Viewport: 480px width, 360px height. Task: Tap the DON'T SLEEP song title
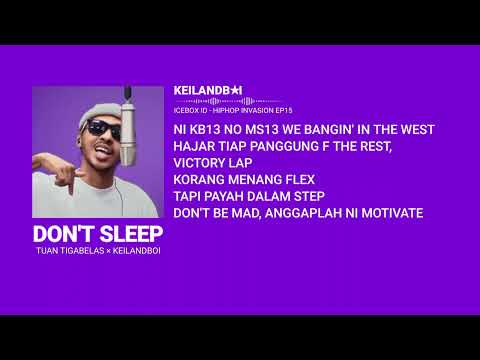click(98, 233)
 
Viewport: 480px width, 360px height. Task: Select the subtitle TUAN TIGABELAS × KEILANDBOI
click(97, 250)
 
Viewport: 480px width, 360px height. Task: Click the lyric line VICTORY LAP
click(213, 162)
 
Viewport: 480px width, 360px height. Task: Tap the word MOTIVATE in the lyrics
click(388, 213)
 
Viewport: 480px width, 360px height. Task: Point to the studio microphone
click(128, 115)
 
